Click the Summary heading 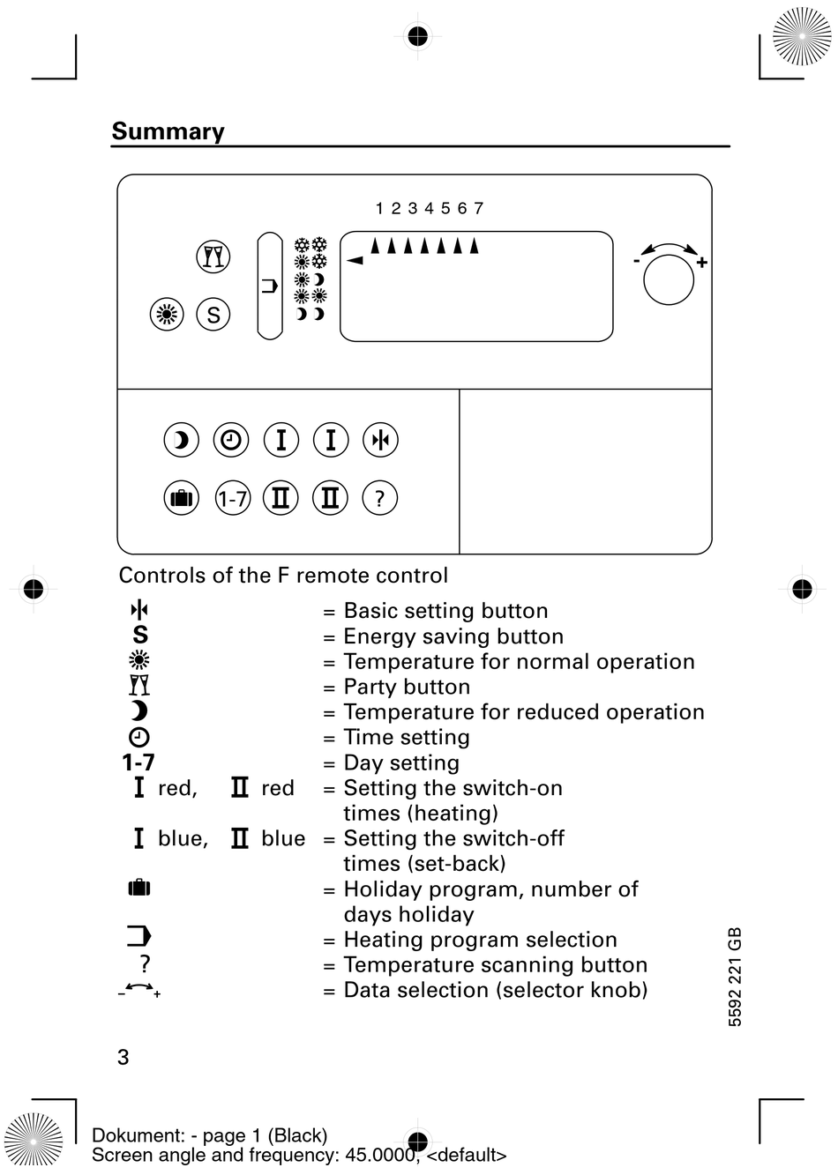[x=168, y=131]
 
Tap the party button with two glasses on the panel [x=213, y=257]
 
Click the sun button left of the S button [x=167, y=315]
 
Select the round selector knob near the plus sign [x=669, y=280]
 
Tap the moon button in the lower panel [x=182, y=440]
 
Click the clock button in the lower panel [x=231, y=440]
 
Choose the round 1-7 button [x=232, y=499]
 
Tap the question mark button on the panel [x=379, y=499]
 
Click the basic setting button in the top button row [x=380, y=440]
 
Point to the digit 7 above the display [x=478, y=209]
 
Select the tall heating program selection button [x=269, y=286]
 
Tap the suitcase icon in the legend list [x=139, y=887]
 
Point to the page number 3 [x=123, y=1057]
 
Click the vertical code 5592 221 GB [x=735, y=977]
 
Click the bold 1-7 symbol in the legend [x=138, y=762]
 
